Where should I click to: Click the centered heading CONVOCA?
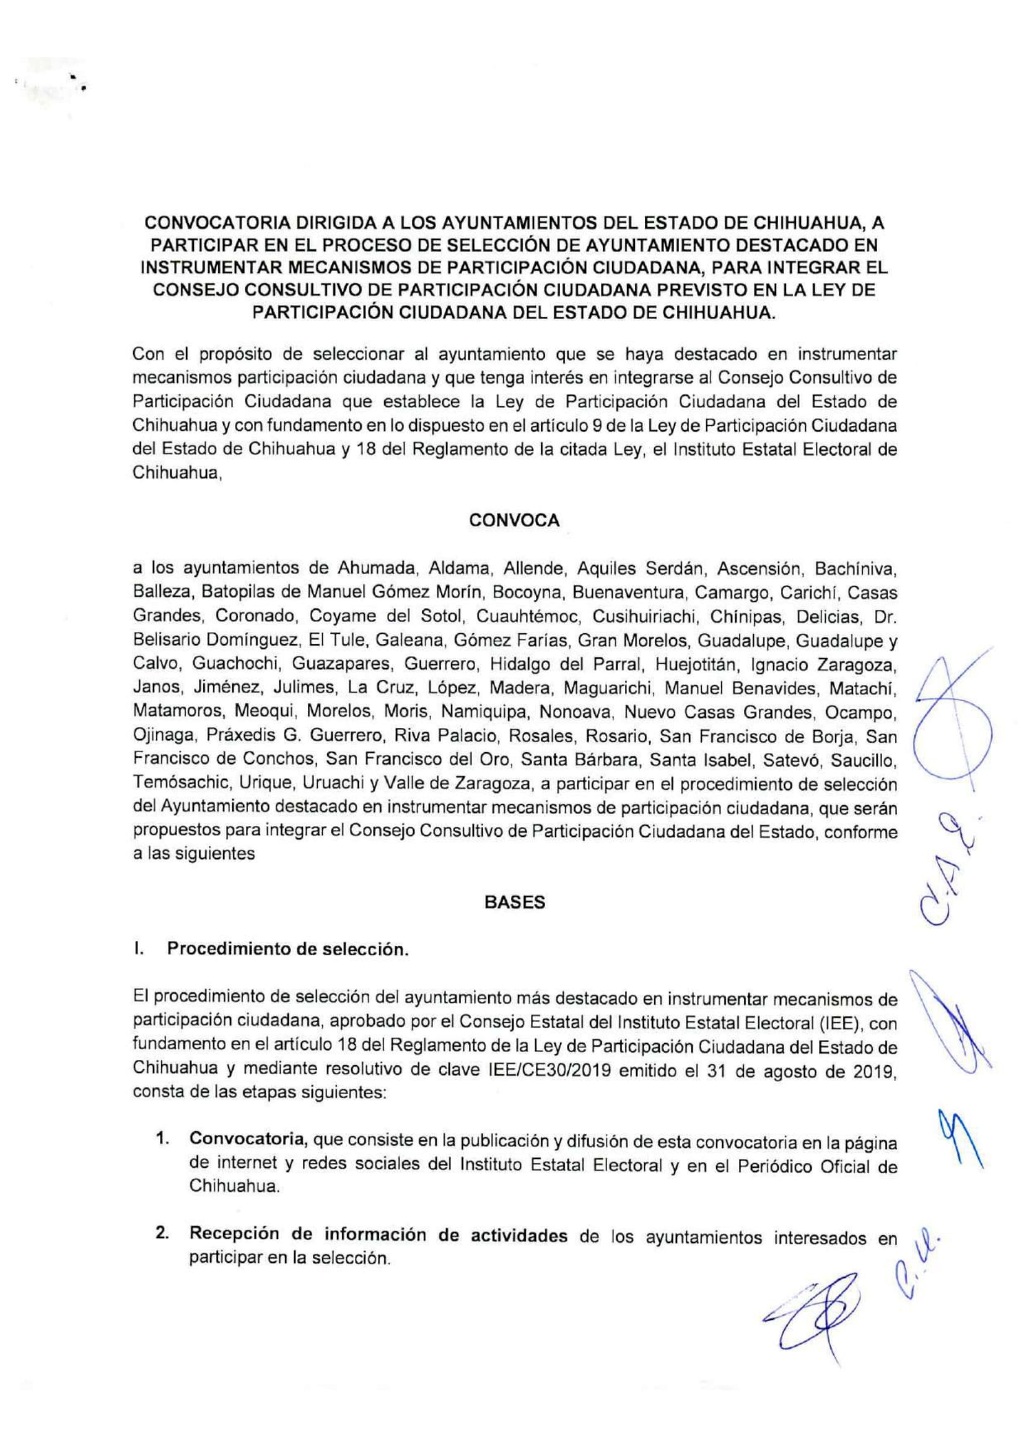514,521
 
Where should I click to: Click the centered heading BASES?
514,903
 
